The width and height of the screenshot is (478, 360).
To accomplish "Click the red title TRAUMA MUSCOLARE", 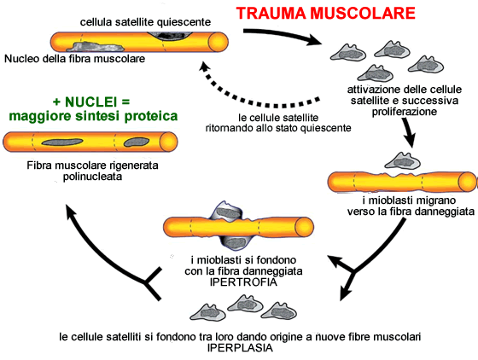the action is (325, 13).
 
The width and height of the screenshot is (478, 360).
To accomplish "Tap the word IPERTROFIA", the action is (243, 282).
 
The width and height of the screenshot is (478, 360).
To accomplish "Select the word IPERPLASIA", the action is (240, 348).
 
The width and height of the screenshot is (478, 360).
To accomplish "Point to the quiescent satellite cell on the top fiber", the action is (171, 36).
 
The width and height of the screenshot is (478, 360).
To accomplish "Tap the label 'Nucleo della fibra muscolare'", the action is (75, 59).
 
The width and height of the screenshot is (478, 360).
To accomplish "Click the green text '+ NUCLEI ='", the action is (91, 102).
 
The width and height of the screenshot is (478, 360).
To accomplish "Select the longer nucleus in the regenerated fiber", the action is (62, 142).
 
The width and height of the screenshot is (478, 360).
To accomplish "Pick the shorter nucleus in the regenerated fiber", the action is (137, 142).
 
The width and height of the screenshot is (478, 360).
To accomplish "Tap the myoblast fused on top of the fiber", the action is (226, 211).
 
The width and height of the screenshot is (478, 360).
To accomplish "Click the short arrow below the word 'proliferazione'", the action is (409, 132).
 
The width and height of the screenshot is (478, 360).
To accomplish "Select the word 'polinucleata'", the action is (92, 177).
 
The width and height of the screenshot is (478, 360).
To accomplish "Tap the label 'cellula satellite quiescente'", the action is (145, 22).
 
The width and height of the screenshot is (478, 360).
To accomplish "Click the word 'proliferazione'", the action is (405, 112).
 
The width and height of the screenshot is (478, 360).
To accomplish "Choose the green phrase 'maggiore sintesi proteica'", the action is (93, 116).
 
